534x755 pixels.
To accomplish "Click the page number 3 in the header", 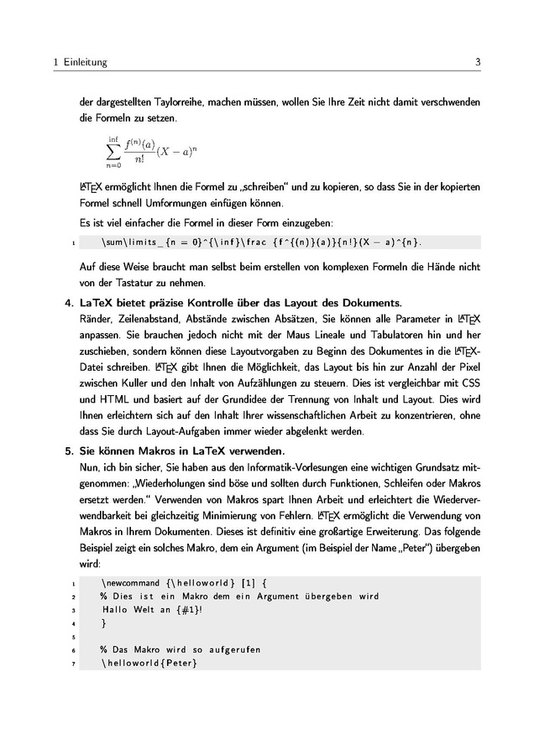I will pos(477,62).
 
